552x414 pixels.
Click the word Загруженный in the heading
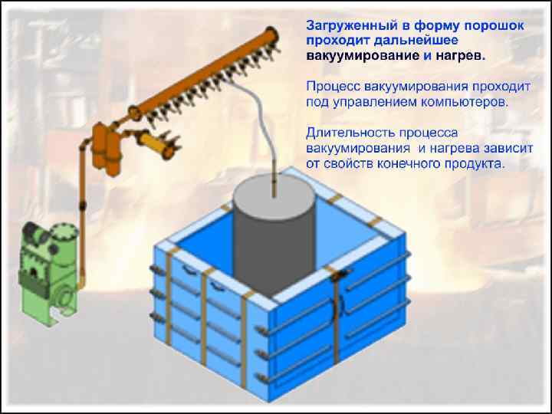coord(347,25)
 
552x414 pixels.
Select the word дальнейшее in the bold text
coord(402,41)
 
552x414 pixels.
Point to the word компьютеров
coord(468,101)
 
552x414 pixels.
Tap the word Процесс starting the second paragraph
coord(332,86)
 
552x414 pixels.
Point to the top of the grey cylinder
coord(274,190)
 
